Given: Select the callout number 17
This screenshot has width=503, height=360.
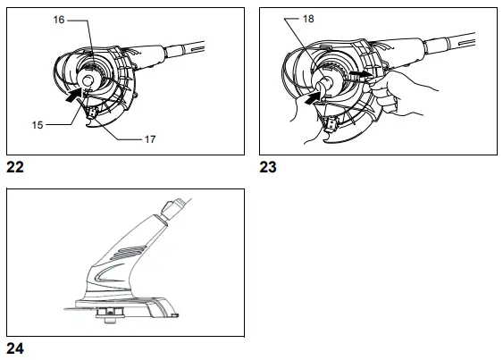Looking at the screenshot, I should click(150, 139).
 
